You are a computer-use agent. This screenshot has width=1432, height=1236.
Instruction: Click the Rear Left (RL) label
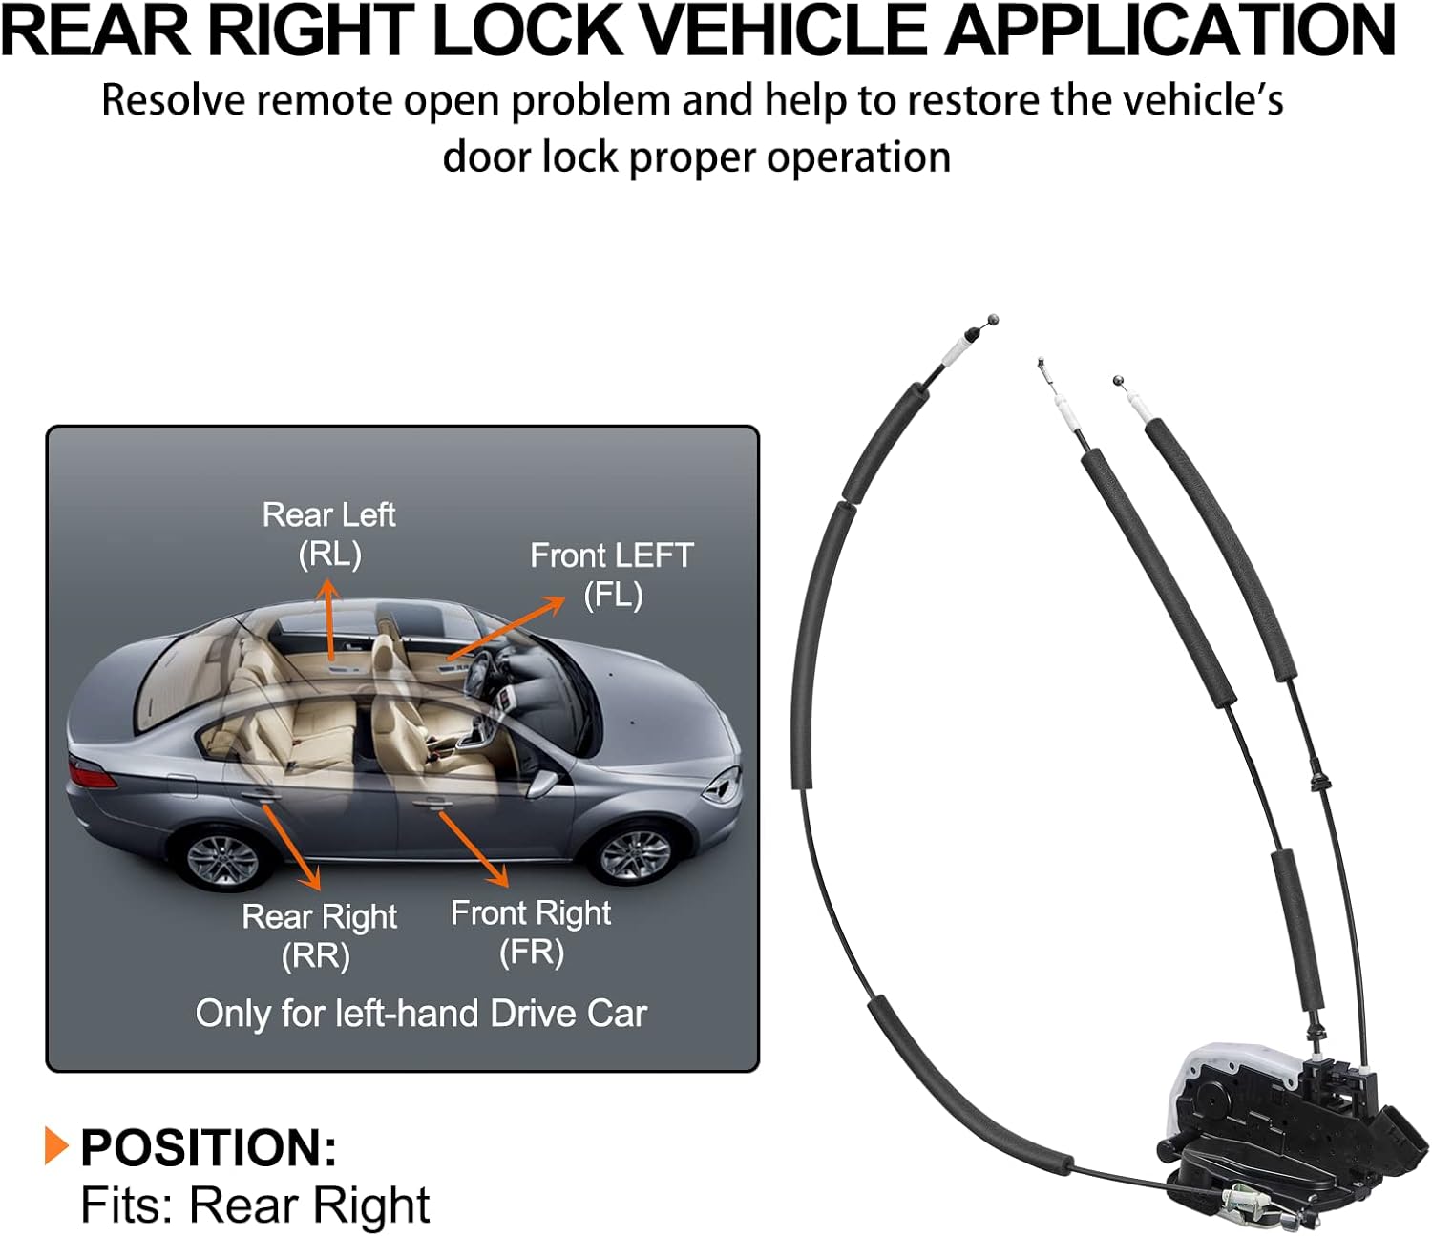[329, 534]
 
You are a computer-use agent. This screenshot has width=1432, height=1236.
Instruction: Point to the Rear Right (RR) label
[319, 935]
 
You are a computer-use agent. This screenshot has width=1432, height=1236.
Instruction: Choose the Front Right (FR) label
[531, 932]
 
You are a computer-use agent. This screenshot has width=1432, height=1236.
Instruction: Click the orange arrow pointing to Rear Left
[329, 620]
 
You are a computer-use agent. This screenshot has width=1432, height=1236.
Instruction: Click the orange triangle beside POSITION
[56, 1145]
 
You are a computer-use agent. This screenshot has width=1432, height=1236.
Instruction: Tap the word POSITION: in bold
[208, 1147]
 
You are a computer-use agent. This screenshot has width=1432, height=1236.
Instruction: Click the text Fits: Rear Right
[255, 1205]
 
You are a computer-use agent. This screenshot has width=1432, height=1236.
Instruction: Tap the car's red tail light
[93, 772]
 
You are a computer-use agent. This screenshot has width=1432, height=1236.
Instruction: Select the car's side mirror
[541, 784]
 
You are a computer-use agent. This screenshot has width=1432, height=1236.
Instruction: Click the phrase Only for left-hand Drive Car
[421, 1014]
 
